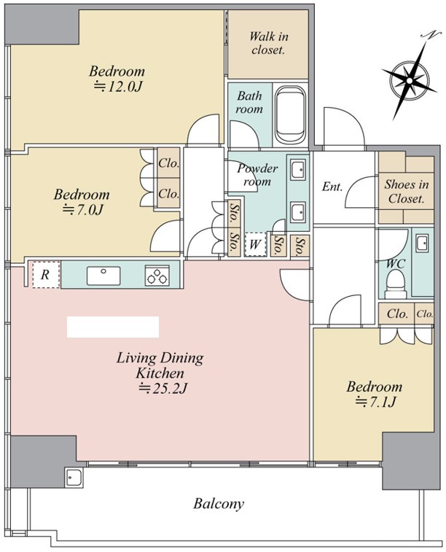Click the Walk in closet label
pyautogui.click(x=269, y=43)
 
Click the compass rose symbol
pyautogui.click(x=410, y=80)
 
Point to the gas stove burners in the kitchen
pyautogui.click(x=157, y=276)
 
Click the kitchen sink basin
pyautogui.click(x=103, y=276)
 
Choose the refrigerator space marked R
pyautogui.click(x=46, y=275)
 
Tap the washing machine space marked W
pyautogui.click(x=255, y=244)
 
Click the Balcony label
pyautogui.click(x=219, y=504)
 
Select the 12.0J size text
pyautogui.click(x=118, y=86)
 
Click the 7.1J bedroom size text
pyautogui.click(x=375, y=401)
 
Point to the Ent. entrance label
pyautogui.click(x=332, y=186)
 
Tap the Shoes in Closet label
pyautogui.click(x=406, y=191)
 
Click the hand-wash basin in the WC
pyautogui.click(x=422, y=244)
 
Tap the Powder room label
pyautogui.click(x=257, y=174)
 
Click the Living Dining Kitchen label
pyautogui.click(x=160, y=365)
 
